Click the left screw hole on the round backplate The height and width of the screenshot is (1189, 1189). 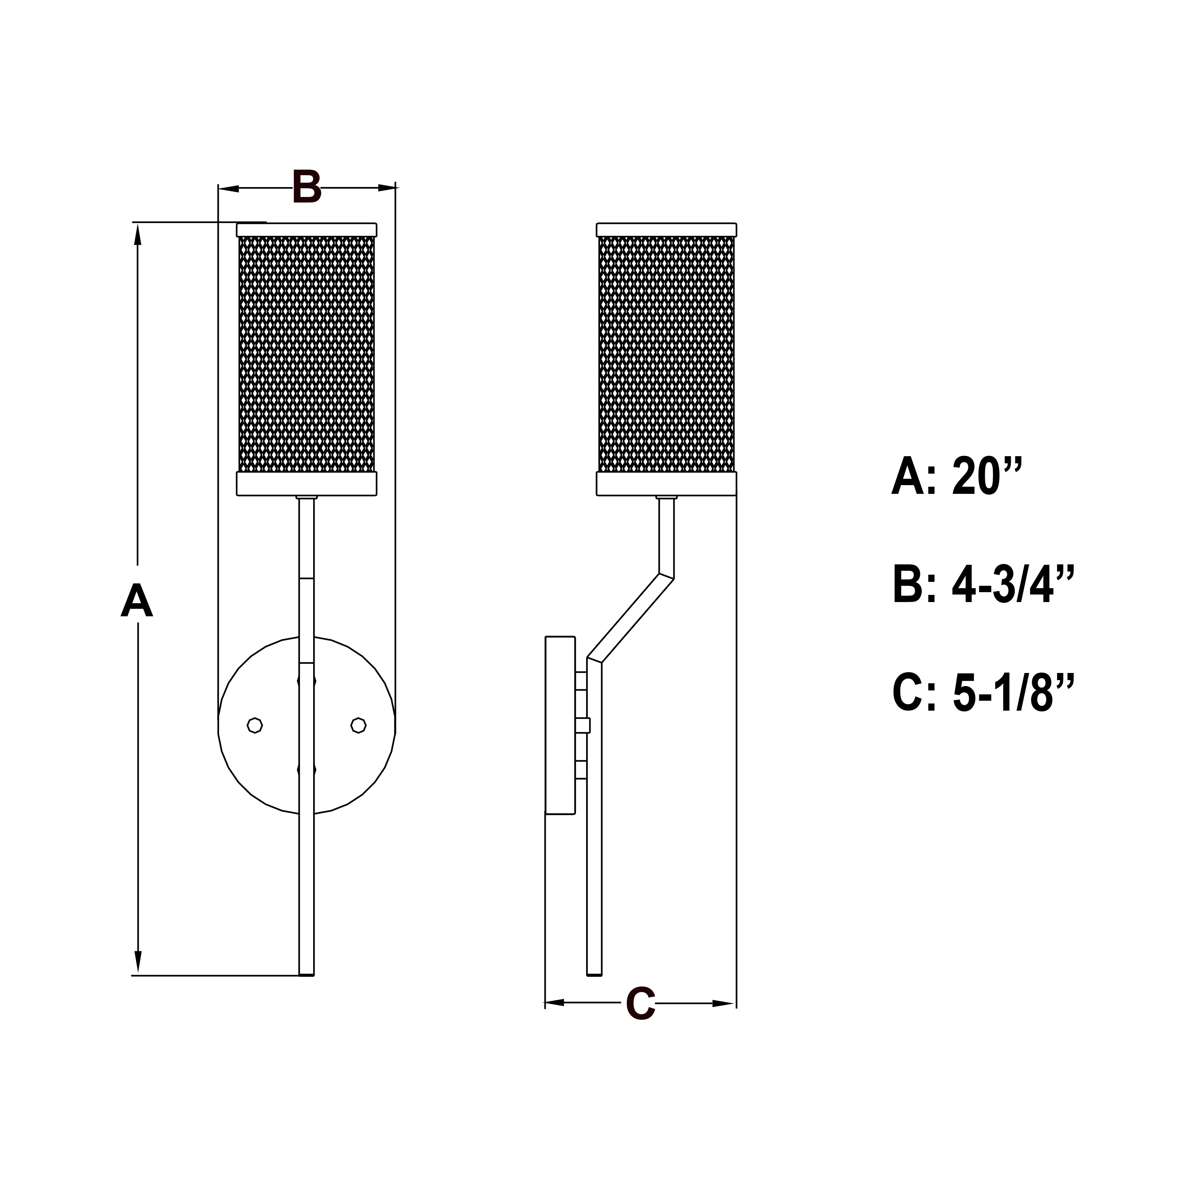click(255, 725)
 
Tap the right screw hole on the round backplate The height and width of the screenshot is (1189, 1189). click(359, 725)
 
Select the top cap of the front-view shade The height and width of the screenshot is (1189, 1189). click(306, 229)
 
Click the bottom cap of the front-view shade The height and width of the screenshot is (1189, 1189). click(306, 484)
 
